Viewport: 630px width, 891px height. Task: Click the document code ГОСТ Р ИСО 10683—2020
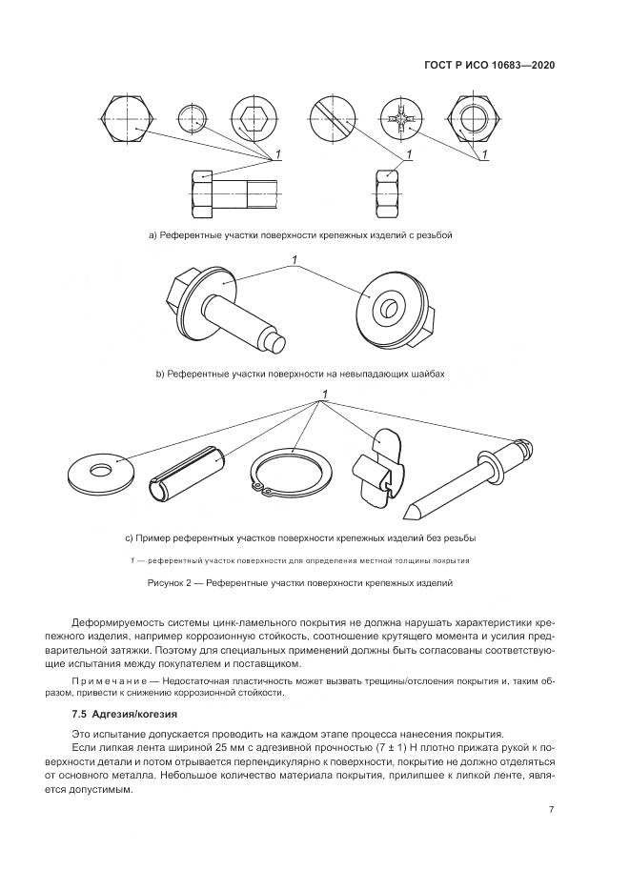(x=489, y=66)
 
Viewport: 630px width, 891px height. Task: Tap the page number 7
(x=552, y=810)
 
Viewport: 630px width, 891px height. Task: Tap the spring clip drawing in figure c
(x=379, y=464)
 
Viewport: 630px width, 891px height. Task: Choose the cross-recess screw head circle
(x=401, y=121)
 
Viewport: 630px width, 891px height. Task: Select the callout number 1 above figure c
(x=325, y=395)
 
